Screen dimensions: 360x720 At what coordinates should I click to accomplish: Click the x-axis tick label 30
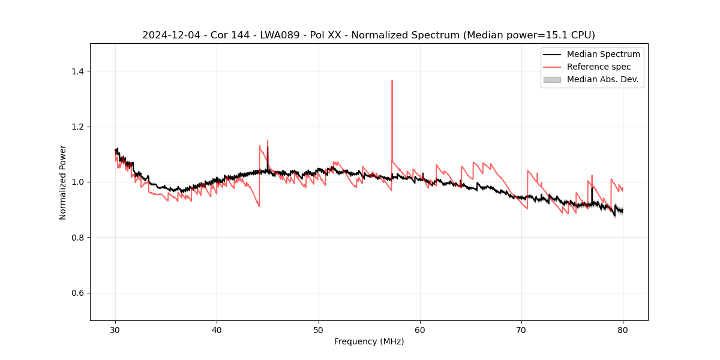[x=116, y=330]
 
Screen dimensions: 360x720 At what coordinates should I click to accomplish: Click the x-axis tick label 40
[x=217, y=330]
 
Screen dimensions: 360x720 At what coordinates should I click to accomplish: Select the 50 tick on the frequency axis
[x=319, y=330]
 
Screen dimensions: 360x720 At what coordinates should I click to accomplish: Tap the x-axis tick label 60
[x=420, y=330]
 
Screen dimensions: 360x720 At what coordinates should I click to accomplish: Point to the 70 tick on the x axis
[x=521, y=330]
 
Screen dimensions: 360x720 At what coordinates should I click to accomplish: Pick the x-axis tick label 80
[x=623, y=330]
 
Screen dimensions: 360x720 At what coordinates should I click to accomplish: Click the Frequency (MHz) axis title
[x=369, y=341]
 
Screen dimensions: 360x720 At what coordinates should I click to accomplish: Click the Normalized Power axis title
[x=62, y=182]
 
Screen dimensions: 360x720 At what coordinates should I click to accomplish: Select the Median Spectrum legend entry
[x=603, y=54]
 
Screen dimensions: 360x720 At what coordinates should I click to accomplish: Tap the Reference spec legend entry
[x=599, y=67]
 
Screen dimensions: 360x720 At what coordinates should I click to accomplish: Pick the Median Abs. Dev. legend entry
[x=602, y=79]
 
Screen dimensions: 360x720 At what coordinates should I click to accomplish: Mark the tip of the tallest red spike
[x=392, y=80]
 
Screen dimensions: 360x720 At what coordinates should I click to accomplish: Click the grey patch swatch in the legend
[x=552, y=79]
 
